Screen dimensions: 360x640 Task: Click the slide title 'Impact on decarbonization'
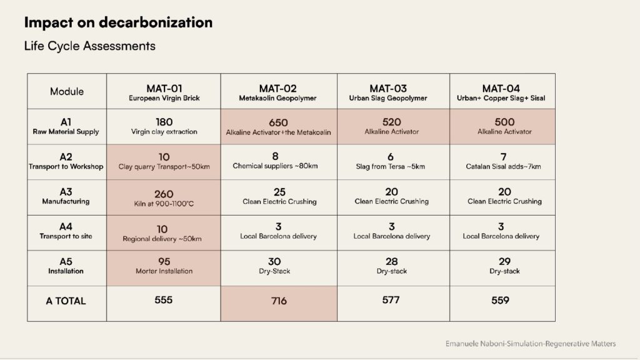click(x=118, y=23)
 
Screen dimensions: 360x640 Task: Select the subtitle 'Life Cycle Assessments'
click(x=89, y=46)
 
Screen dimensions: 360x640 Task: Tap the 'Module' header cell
click(x=67, y=91)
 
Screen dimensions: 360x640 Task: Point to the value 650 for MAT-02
click(x=278, y=122)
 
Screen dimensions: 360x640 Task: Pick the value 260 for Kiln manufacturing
click(x=164, y=194)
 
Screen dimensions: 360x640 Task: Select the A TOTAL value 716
click(x=279, y=301)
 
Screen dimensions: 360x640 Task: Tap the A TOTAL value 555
click(x=164, y=300)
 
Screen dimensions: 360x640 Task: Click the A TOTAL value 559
click(x=501, y=300)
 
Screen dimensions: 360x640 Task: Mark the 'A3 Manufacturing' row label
click(x=66, y=197)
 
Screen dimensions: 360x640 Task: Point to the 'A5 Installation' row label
click(x=66, y=266)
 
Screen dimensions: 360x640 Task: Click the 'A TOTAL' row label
click(x=66, y=301)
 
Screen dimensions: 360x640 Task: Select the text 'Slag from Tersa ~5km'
click(x=391, y=166)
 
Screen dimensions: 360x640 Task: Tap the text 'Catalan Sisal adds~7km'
click(x=504, y=166)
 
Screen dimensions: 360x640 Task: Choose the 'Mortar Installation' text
click(x=164, y=272)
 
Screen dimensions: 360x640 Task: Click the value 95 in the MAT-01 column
click(x=164, y=261)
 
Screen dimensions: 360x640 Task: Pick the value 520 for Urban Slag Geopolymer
click(x=391, y=122)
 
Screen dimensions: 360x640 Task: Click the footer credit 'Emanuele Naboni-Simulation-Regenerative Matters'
click(x=531, y=344)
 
